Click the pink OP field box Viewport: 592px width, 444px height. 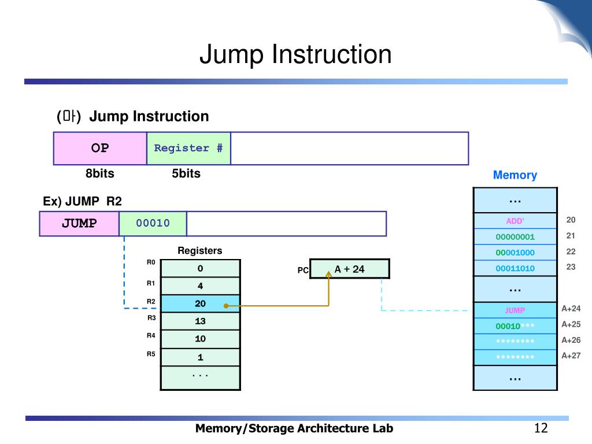tap(100, 149)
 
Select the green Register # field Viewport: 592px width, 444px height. tap(189, 149)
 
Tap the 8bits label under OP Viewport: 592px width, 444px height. tap(99, 173)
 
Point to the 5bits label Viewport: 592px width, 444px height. tap(186, 173)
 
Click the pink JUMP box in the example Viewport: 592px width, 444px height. tap(79, 224)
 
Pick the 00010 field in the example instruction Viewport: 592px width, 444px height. tap(153, 224)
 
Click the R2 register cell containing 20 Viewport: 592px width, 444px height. tap(201, 304)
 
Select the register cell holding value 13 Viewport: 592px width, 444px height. tap(201, 321)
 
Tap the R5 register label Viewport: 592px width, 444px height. tap(151, 354)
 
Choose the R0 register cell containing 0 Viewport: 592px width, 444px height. tap(201, 268)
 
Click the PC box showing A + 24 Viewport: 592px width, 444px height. tap(350, 269)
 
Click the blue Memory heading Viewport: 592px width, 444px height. tap(515, 175)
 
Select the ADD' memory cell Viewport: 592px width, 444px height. tap(515, 221)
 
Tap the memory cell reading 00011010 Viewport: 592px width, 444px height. tap(515, 268)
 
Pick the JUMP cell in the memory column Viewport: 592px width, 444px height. tap(515, 310)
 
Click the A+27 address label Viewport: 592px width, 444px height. tap(571, 356)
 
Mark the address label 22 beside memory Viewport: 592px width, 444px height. tap(571, 251)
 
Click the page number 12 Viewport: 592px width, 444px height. tap(541, 428)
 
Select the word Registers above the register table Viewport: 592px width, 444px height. tap(199, 251)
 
